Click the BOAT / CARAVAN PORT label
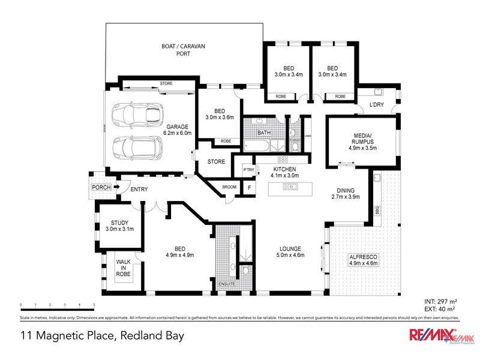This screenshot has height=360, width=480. pyautogui.click(x=183, y=49)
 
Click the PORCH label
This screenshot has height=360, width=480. pyautogui.click(x=100, y=188)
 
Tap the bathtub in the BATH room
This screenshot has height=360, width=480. pyautogui.click(x=256, y=145)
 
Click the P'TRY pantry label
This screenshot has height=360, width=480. pyautogui.click(x=248, y=170)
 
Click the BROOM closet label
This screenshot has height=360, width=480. pyautogui.click(x=229, y=187)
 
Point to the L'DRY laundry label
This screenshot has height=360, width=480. pyautogui.click(x=377, y=105)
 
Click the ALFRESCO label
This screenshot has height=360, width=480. pyautogui.click(x=362, y=259)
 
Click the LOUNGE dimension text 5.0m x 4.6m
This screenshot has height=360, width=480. pyautogui.click(x=290, y=255)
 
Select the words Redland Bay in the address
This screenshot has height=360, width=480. pyautogui.click(x=150, y=335)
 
